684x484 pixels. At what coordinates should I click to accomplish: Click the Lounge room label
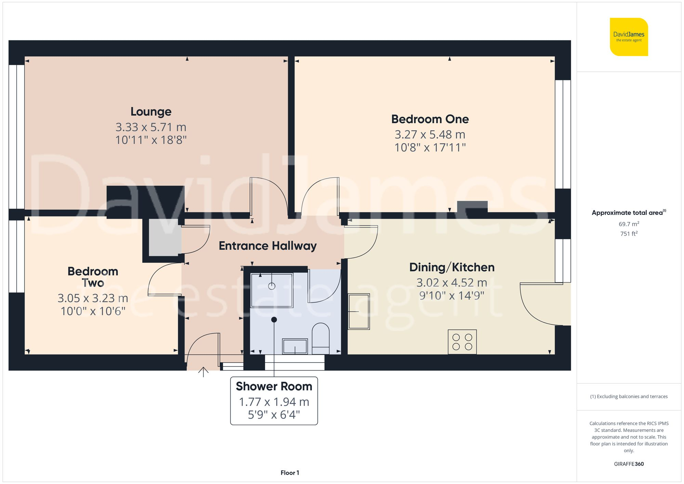coord(151,112)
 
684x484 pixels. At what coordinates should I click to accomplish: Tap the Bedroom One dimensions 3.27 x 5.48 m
coord(430,135)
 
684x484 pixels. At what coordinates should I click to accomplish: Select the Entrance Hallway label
coord(267,246)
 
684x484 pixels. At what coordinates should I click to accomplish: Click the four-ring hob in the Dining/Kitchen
coord(462,342)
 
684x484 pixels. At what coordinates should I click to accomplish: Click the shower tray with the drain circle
coord(272,290)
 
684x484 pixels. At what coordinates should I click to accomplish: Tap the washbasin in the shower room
coord(295,346)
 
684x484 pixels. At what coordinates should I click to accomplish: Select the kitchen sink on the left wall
coord(359,311)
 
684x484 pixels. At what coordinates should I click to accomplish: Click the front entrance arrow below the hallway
coord(203,372)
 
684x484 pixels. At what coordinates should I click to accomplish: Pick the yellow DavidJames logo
coord(629,37)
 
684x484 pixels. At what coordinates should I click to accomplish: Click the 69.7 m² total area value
coord(629,224)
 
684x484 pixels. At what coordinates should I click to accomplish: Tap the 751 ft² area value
coord(629,234)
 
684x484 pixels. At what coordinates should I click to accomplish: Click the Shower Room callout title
coord(274,387)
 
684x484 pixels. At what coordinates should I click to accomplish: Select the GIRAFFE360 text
coord(629,464)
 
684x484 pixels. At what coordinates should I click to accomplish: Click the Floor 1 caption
coord(290,473)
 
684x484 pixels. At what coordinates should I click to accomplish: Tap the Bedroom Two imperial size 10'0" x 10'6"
coord(93,311)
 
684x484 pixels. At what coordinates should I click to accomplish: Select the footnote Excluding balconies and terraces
coord(629,396)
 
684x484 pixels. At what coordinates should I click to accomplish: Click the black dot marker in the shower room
coord(274,320)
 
